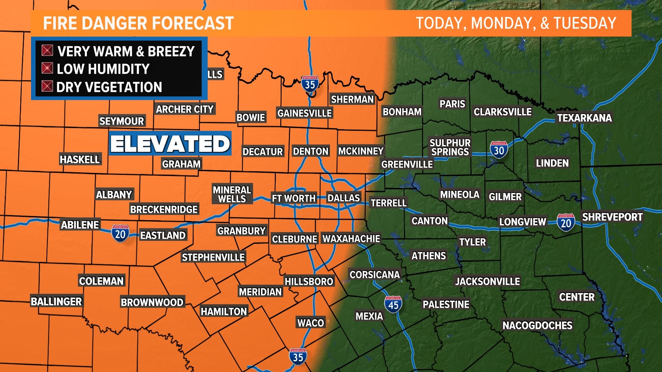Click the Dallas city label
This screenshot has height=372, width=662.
(x=343, y=198)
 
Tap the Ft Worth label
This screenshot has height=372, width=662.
(x=293, y=198)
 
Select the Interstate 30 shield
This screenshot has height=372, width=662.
(x=499, y=150)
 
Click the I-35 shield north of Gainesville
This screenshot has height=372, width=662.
(x=310, y=84)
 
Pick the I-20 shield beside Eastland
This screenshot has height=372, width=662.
(x=120, y=234)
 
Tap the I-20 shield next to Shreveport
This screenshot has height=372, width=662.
(x=565, y=223)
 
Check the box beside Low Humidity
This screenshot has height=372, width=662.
(x=47, y=68)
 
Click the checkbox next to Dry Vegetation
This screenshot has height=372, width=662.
(x=47, y=86)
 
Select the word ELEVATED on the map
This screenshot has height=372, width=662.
(x=170, y=143)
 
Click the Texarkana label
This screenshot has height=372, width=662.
(x=584, y=118)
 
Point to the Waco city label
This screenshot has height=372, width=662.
(x=311, y=323)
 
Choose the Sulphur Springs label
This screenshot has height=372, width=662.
(x=450, y=147)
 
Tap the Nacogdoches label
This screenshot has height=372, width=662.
(x=537, y=325)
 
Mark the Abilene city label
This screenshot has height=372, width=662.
(x=80, y=225)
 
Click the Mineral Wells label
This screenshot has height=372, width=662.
(x=232, y=194)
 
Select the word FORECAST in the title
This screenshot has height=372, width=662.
(x=193, y=23)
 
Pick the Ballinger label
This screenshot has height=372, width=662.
(x=56, y=301)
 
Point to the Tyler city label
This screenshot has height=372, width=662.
(x=472, y=242)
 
